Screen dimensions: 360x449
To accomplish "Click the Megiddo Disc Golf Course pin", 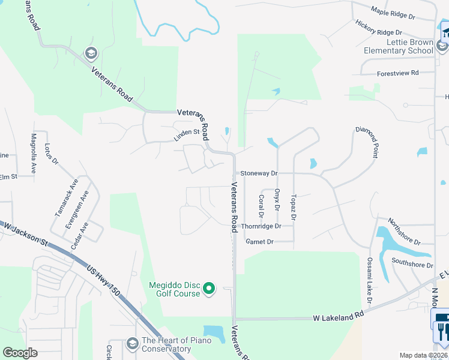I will click(x=209, y=289).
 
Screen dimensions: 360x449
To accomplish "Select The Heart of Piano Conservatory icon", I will click(x=133, y=344).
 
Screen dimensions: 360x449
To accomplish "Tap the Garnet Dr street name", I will click(x=259, y=241).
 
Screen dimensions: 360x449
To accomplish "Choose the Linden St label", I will click(x=187, y=135).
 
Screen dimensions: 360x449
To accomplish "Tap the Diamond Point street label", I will click(x=367, y=142).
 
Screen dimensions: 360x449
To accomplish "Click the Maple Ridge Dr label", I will click(x=393, y=13).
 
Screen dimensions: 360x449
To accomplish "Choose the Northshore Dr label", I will click(x=404, y=231).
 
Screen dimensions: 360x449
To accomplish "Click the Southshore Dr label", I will click(x=412, y=263).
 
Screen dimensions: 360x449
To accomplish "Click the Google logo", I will click(x=20, y=353).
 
